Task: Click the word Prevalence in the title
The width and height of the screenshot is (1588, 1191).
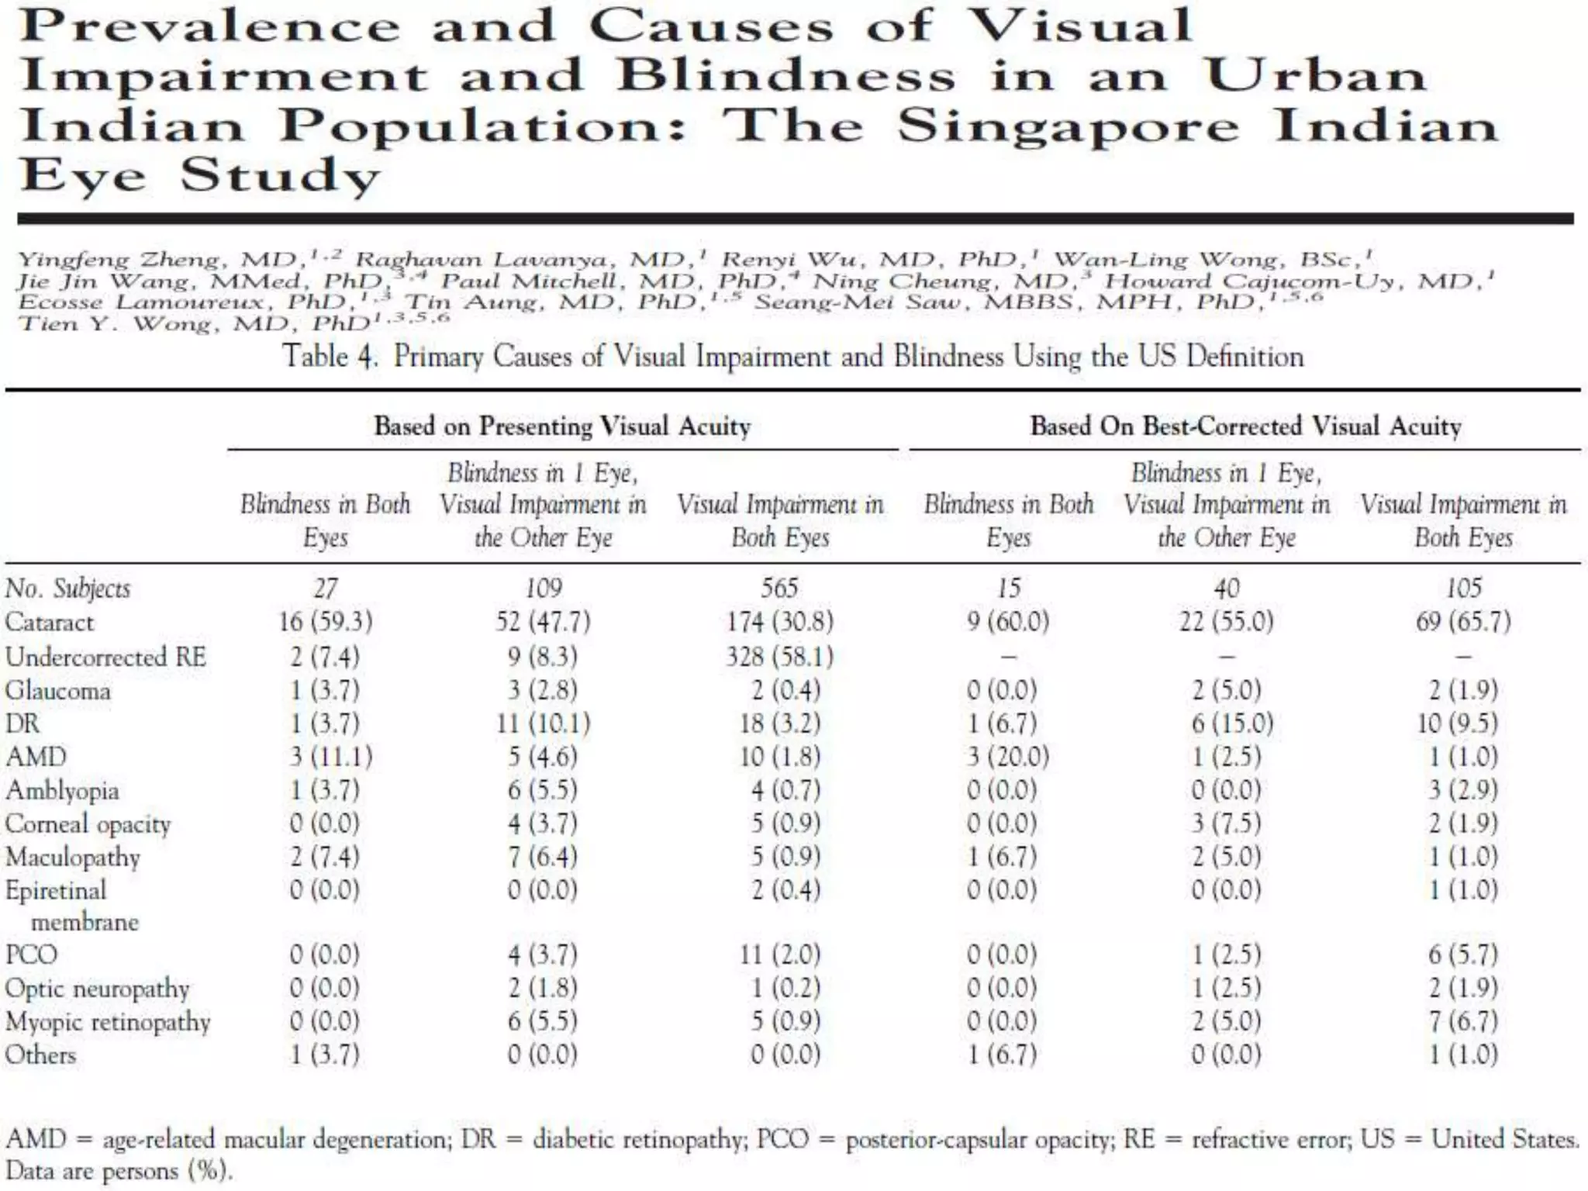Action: (x=209, y=26)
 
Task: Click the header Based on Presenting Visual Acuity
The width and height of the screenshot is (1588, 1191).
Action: (x=562, y=426)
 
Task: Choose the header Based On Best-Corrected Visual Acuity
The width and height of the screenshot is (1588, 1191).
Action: (x=1245, y=426)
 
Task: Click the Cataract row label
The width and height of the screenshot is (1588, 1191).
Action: (x=49, y=622)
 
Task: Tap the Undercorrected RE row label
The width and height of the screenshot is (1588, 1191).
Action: (x=105, y=657)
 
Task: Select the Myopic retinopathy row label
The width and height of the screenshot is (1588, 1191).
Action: (x=108, y=1022)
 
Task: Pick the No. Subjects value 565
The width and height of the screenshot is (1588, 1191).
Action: (x=779, y=588)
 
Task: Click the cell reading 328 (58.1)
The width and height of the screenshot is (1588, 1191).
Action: (x=779, y=657)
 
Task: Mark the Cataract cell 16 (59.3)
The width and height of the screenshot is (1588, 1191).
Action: (x=326, y=622)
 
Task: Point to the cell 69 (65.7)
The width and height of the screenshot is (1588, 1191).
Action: (x=1463, y=622)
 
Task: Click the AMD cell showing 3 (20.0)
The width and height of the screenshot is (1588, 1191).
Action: (x=1008, y=756)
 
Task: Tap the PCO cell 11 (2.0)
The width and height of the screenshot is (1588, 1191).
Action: (x=779, y=954)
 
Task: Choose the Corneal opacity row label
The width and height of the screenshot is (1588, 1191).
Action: (x=88, y=823)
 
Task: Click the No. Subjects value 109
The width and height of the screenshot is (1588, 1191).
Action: (x=543, y=588)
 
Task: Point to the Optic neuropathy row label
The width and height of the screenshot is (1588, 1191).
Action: (x=97, y=989)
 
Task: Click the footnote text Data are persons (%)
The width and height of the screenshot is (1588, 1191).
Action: (x=119, y=1170)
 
